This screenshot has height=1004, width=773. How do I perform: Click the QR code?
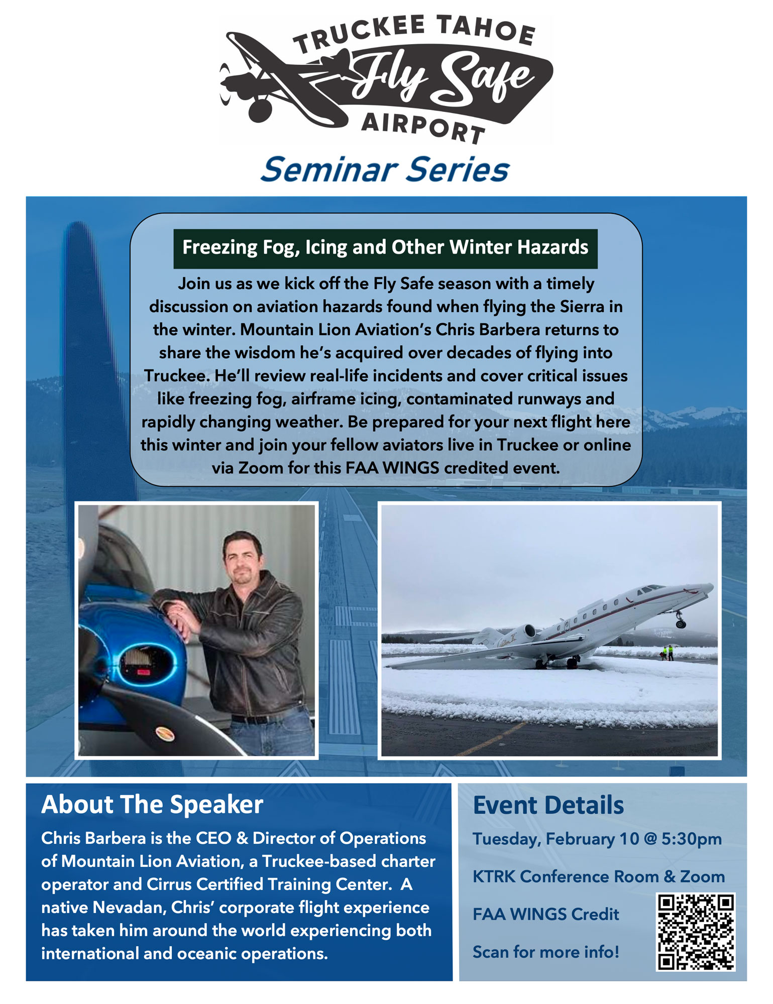(x=696, y=932)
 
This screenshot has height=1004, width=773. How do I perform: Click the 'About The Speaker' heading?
(x=152, y=804)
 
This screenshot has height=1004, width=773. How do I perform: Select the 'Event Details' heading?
(x=548, y=805)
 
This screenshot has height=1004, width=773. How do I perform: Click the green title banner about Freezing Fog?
(x=385, y=248)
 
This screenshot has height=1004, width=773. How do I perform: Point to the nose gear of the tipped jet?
(x=680, y=619)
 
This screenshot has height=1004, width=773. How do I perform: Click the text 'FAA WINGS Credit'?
(x=546, y=914)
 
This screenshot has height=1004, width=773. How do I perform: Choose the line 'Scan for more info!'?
(x=546, y=952)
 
